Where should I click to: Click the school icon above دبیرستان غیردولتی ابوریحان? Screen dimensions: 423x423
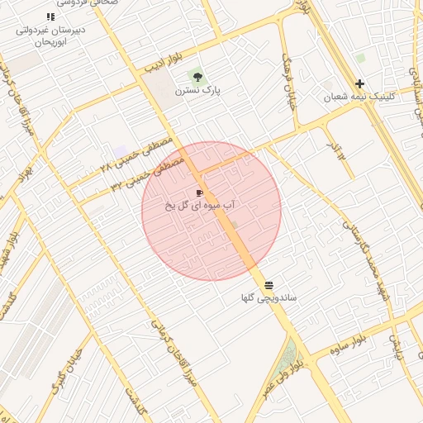click(51, 17)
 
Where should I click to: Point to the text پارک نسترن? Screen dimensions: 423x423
click(202, 90)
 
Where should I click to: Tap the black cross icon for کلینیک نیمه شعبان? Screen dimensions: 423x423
click(359, 83)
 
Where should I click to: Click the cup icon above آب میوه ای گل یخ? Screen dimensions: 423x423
click(199, 192)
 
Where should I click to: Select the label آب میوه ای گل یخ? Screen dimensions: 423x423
click(204, 204)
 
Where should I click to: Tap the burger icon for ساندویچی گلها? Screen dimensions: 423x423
click(269, 284)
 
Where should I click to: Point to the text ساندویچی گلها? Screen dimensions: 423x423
click(269, 297)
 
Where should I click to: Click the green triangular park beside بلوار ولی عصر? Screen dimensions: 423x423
click(289, 358)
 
